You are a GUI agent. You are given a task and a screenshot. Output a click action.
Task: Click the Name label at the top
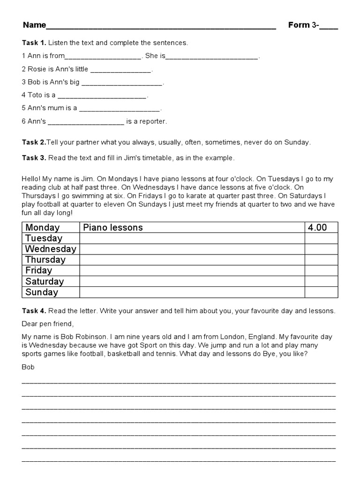point(34,25)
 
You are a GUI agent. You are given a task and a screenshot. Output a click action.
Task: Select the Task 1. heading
point(34,43)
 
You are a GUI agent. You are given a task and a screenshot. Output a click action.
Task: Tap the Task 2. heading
point(34,142)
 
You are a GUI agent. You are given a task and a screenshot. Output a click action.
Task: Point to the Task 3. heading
point(34,157)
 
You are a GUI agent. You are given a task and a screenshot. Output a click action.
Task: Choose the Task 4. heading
point(34,310)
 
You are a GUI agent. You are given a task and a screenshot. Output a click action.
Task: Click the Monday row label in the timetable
point(43,227)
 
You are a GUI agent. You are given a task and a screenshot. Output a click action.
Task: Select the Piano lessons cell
point(113,227)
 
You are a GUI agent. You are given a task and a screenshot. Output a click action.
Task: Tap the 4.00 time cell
point(317,227)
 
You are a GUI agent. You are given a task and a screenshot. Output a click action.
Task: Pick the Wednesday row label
point(51,249)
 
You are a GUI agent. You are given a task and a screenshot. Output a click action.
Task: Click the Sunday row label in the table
point(42,292)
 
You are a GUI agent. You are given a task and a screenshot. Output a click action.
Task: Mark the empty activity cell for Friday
point(192,270)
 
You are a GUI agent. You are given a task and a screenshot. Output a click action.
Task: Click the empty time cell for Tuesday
point(321,238)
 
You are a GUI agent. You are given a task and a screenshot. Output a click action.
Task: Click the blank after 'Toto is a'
point(102,96)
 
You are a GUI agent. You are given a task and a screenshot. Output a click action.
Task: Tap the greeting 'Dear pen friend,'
point(48,324)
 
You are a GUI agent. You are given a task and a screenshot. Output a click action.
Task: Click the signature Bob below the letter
point(28,367)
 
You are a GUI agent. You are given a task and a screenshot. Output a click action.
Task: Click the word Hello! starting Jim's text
point(31,178)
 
